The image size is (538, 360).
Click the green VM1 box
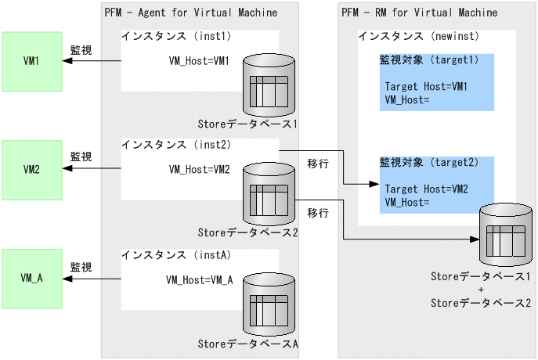[x=32, y=60]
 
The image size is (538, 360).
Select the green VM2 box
[x=32, y=168]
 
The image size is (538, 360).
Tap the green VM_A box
[x=32, y=277]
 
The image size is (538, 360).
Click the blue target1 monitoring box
[x=437, y=82]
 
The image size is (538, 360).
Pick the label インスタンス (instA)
[x=175, y=254]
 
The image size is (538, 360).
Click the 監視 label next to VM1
[x=81, y=50]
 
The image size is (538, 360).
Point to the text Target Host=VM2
[x=426, y=189]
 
